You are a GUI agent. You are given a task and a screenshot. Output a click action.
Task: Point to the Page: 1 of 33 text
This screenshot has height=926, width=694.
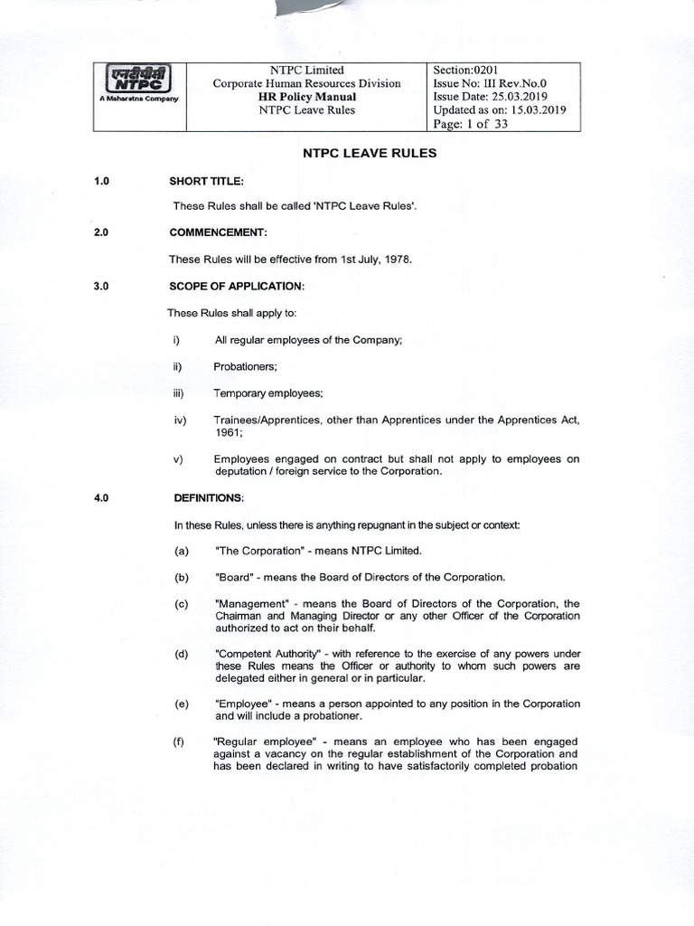click(x=472, y=124)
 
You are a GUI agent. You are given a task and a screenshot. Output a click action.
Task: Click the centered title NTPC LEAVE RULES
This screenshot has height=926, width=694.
click(x=368, y=154)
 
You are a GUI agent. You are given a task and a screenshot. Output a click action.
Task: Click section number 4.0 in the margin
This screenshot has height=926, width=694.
click(x=101, y=498)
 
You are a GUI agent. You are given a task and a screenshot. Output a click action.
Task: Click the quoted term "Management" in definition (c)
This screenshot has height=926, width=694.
click(x=249, y=603)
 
